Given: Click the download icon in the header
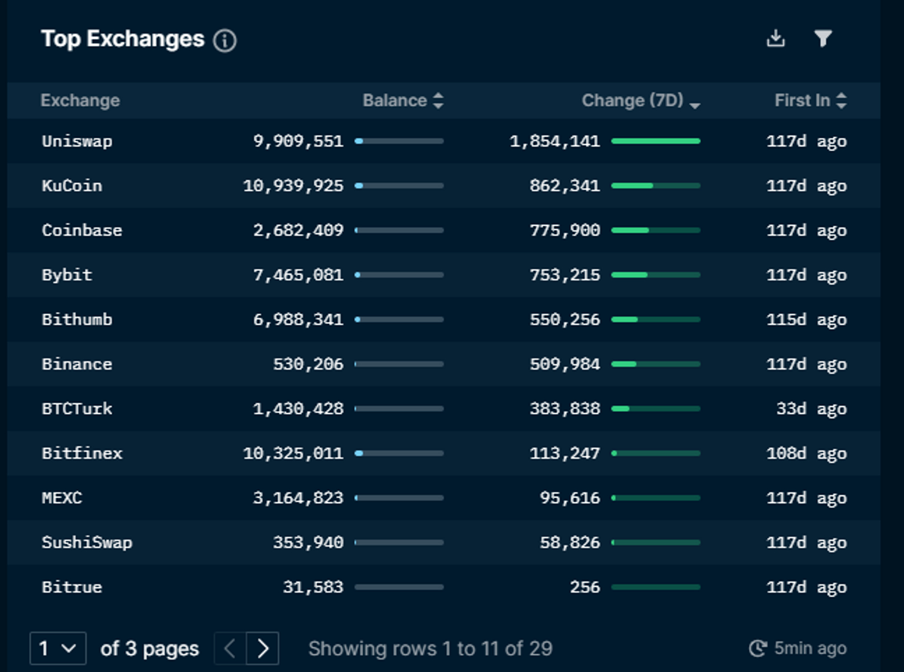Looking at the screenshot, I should [776, 38].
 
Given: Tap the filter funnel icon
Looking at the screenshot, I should [823, 38].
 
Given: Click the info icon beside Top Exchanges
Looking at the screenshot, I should [225, 41].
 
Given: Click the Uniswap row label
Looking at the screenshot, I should [77, 141].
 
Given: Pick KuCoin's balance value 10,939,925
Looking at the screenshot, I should [293, 186].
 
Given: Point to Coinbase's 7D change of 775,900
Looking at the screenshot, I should [565, 230].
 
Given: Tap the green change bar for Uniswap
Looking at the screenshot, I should [655, 141].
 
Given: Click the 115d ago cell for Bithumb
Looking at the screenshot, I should [806, 320].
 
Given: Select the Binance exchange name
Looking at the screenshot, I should [77, 364].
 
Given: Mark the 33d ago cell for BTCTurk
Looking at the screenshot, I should [811, 409].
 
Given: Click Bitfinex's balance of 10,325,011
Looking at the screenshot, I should [293, 453].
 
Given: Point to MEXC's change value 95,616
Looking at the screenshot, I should [570, 498].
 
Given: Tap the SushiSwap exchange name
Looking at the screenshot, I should [87, 542].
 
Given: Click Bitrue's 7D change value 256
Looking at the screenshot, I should [584, 587].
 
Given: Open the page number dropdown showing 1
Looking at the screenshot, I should [58, 649].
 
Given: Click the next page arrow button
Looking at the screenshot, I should [263, 649].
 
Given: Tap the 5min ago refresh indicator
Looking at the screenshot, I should [797, 649].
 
